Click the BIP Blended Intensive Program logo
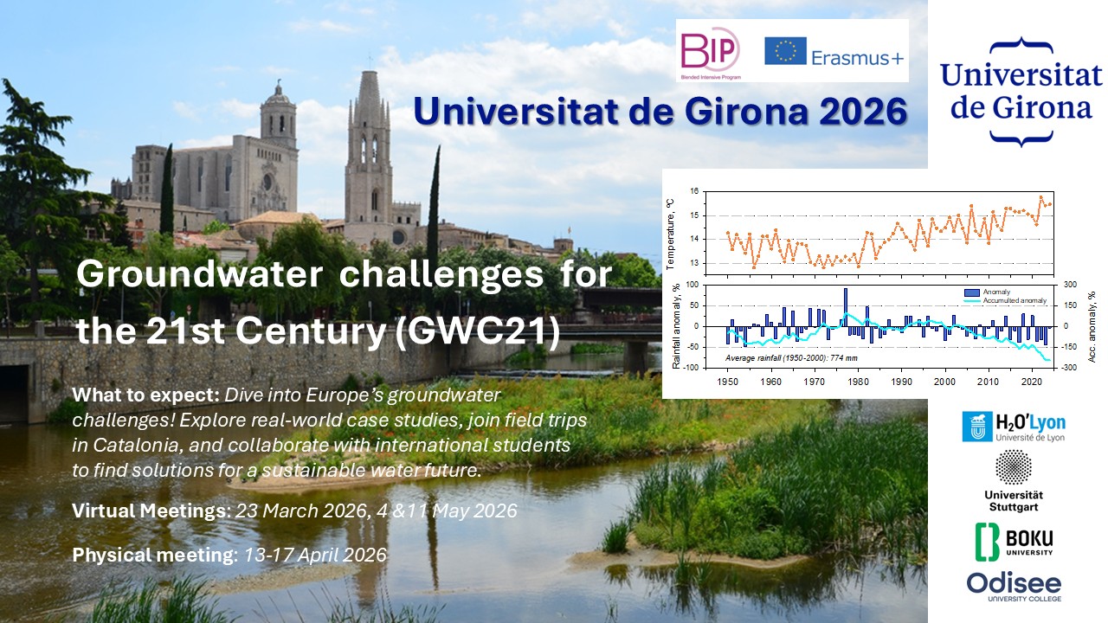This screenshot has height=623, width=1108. point(711,50)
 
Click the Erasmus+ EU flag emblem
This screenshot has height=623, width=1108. point(786,51)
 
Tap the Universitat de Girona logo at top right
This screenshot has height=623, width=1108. point(1021,90)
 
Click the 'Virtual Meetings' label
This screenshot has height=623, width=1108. point(148,511)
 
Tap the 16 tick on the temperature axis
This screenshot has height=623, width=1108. point(693,191)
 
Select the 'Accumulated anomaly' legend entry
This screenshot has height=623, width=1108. point(1014,300)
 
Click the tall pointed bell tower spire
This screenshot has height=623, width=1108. point(367,95)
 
